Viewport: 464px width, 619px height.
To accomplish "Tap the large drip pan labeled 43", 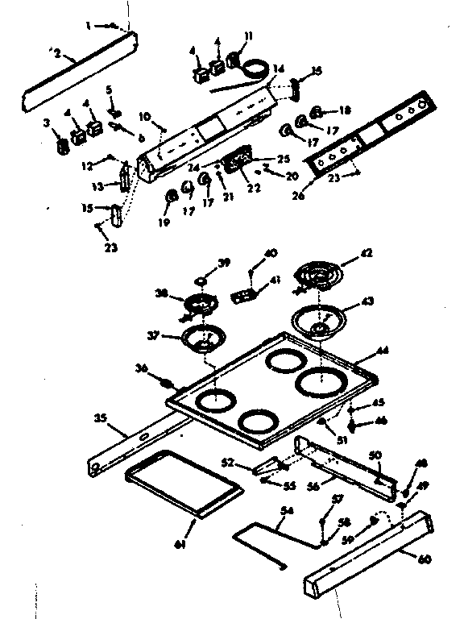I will coord(320,322).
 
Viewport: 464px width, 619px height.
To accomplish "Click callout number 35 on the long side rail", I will coord(99,418).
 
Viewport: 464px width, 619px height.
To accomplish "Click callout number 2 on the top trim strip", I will coord(57,54).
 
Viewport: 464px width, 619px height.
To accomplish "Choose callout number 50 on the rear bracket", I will coord(375,456).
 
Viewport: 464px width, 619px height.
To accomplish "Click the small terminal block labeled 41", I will coord(242,296).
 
